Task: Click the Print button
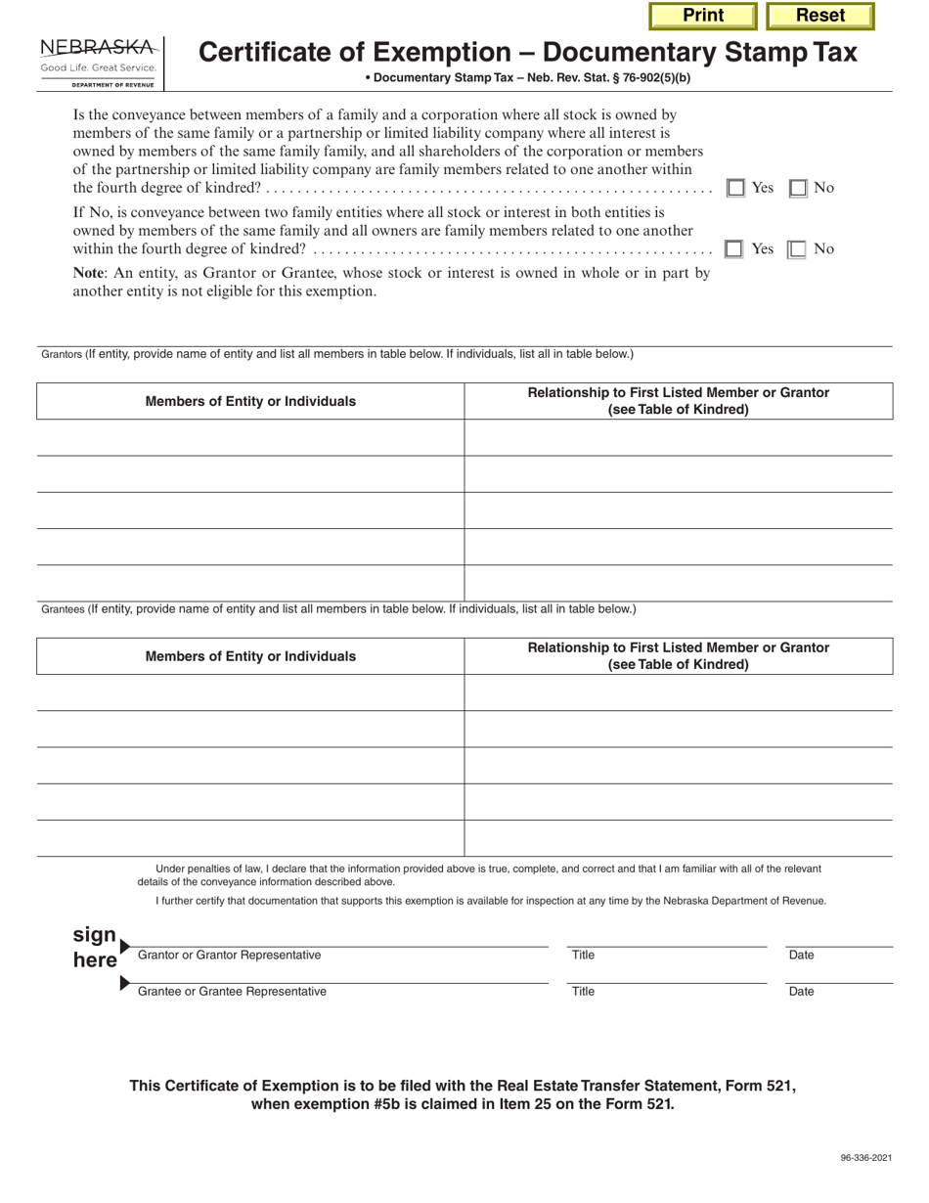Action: pos(703,16)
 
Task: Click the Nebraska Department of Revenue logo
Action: pos(98,62)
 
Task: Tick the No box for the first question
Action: pos(798,189)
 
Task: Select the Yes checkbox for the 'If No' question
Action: pos(734,249)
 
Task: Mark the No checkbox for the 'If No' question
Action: pos(798,249)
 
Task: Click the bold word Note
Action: pos(91,274)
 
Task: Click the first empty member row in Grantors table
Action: pos(250,437)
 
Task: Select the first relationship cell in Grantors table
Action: pos(678,437)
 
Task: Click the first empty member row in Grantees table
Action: pos(250,692)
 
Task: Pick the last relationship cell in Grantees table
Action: pos(678,838)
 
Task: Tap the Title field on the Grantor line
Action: pos(667,939)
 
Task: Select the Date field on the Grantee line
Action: pos(839,975)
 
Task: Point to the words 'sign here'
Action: pos(95,947)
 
